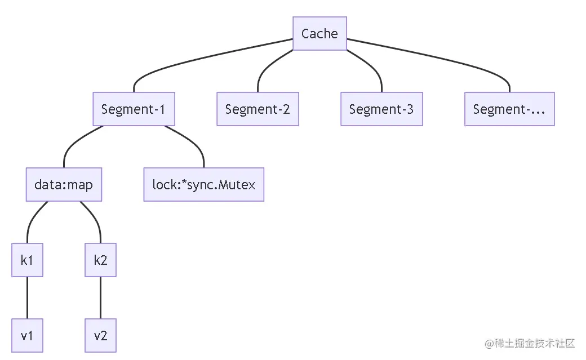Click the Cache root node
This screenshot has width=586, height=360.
click(319, 33)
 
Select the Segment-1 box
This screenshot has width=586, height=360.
click(134, 109)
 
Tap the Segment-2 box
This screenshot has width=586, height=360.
click(258, 109)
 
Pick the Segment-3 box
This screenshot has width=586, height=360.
click(381, 109)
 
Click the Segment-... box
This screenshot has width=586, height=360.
click(509, 109)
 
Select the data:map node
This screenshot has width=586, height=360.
click(64, 184)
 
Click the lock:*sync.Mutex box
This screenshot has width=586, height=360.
click(203, 184)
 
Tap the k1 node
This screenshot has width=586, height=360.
click(27, 260)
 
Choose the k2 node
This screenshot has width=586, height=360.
click(100, 260)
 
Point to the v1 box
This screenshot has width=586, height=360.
click(27, 336)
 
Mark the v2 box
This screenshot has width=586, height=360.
click(100, 336)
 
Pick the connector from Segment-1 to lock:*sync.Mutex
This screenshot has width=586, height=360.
click(192, 141)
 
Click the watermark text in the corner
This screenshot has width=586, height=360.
click(526, 343)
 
